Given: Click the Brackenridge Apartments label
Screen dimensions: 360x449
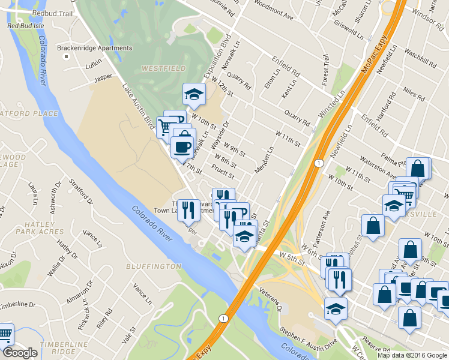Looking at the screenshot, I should (x=94, y=48).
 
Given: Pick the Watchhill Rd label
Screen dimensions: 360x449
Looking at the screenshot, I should (x=420, y=58).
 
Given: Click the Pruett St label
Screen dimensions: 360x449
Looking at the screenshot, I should (x=223, y=171).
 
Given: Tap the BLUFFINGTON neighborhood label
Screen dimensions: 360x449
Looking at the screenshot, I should (x=154, y=266).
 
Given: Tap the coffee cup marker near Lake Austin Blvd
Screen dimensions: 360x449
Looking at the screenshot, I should (x=182, y=146).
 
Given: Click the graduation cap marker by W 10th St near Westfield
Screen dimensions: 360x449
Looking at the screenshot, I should (x=193, y=94).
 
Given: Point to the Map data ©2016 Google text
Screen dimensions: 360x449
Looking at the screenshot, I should (x=411, y=355).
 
